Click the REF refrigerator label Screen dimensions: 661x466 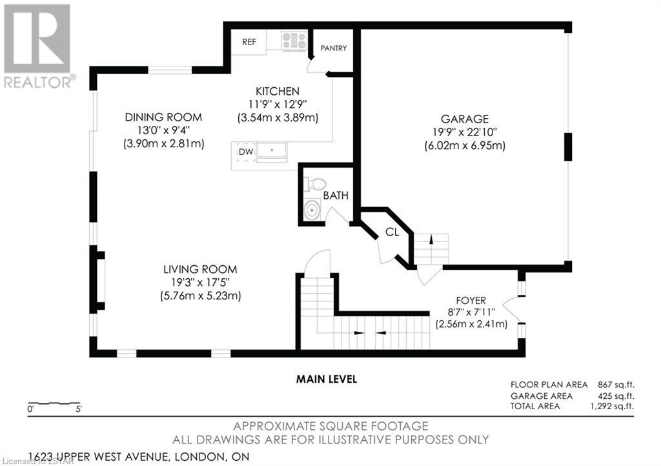[x=249, y=42]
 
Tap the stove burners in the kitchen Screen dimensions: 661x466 [x=294, y=41]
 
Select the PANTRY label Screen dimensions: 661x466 [x=334, y=48]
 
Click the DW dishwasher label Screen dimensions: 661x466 [x=246, y=152]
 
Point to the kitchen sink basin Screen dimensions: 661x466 [x=272, y=150]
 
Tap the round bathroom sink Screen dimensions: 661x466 [x=312, y=210]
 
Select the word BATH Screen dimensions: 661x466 [x=336, y=196]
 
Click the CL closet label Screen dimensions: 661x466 [x=392, y=232]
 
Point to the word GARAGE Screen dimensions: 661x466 [x=465, y=119]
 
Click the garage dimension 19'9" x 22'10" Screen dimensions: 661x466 [x=465, y=132]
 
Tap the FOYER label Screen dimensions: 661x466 [x=471, y=300]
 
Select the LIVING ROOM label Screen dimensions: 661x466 [x=200, y=269]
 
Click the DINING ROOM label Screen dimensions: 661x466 [x=163, y=117]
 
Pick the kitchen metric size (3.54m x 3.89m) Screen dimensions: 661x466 [x=278, y=117]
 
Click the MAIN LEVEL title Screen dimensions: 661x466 [x=326, y=380]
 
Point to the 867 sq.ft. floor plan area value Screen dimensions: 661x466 [x=616, y=385]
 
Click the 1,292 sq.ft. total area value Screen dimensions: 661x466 [x=612, y=406]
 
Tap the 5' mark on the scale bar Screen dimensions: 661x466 [x=78, y=409]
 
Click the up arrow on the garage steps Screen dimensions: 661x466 [x=431, y=239]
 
